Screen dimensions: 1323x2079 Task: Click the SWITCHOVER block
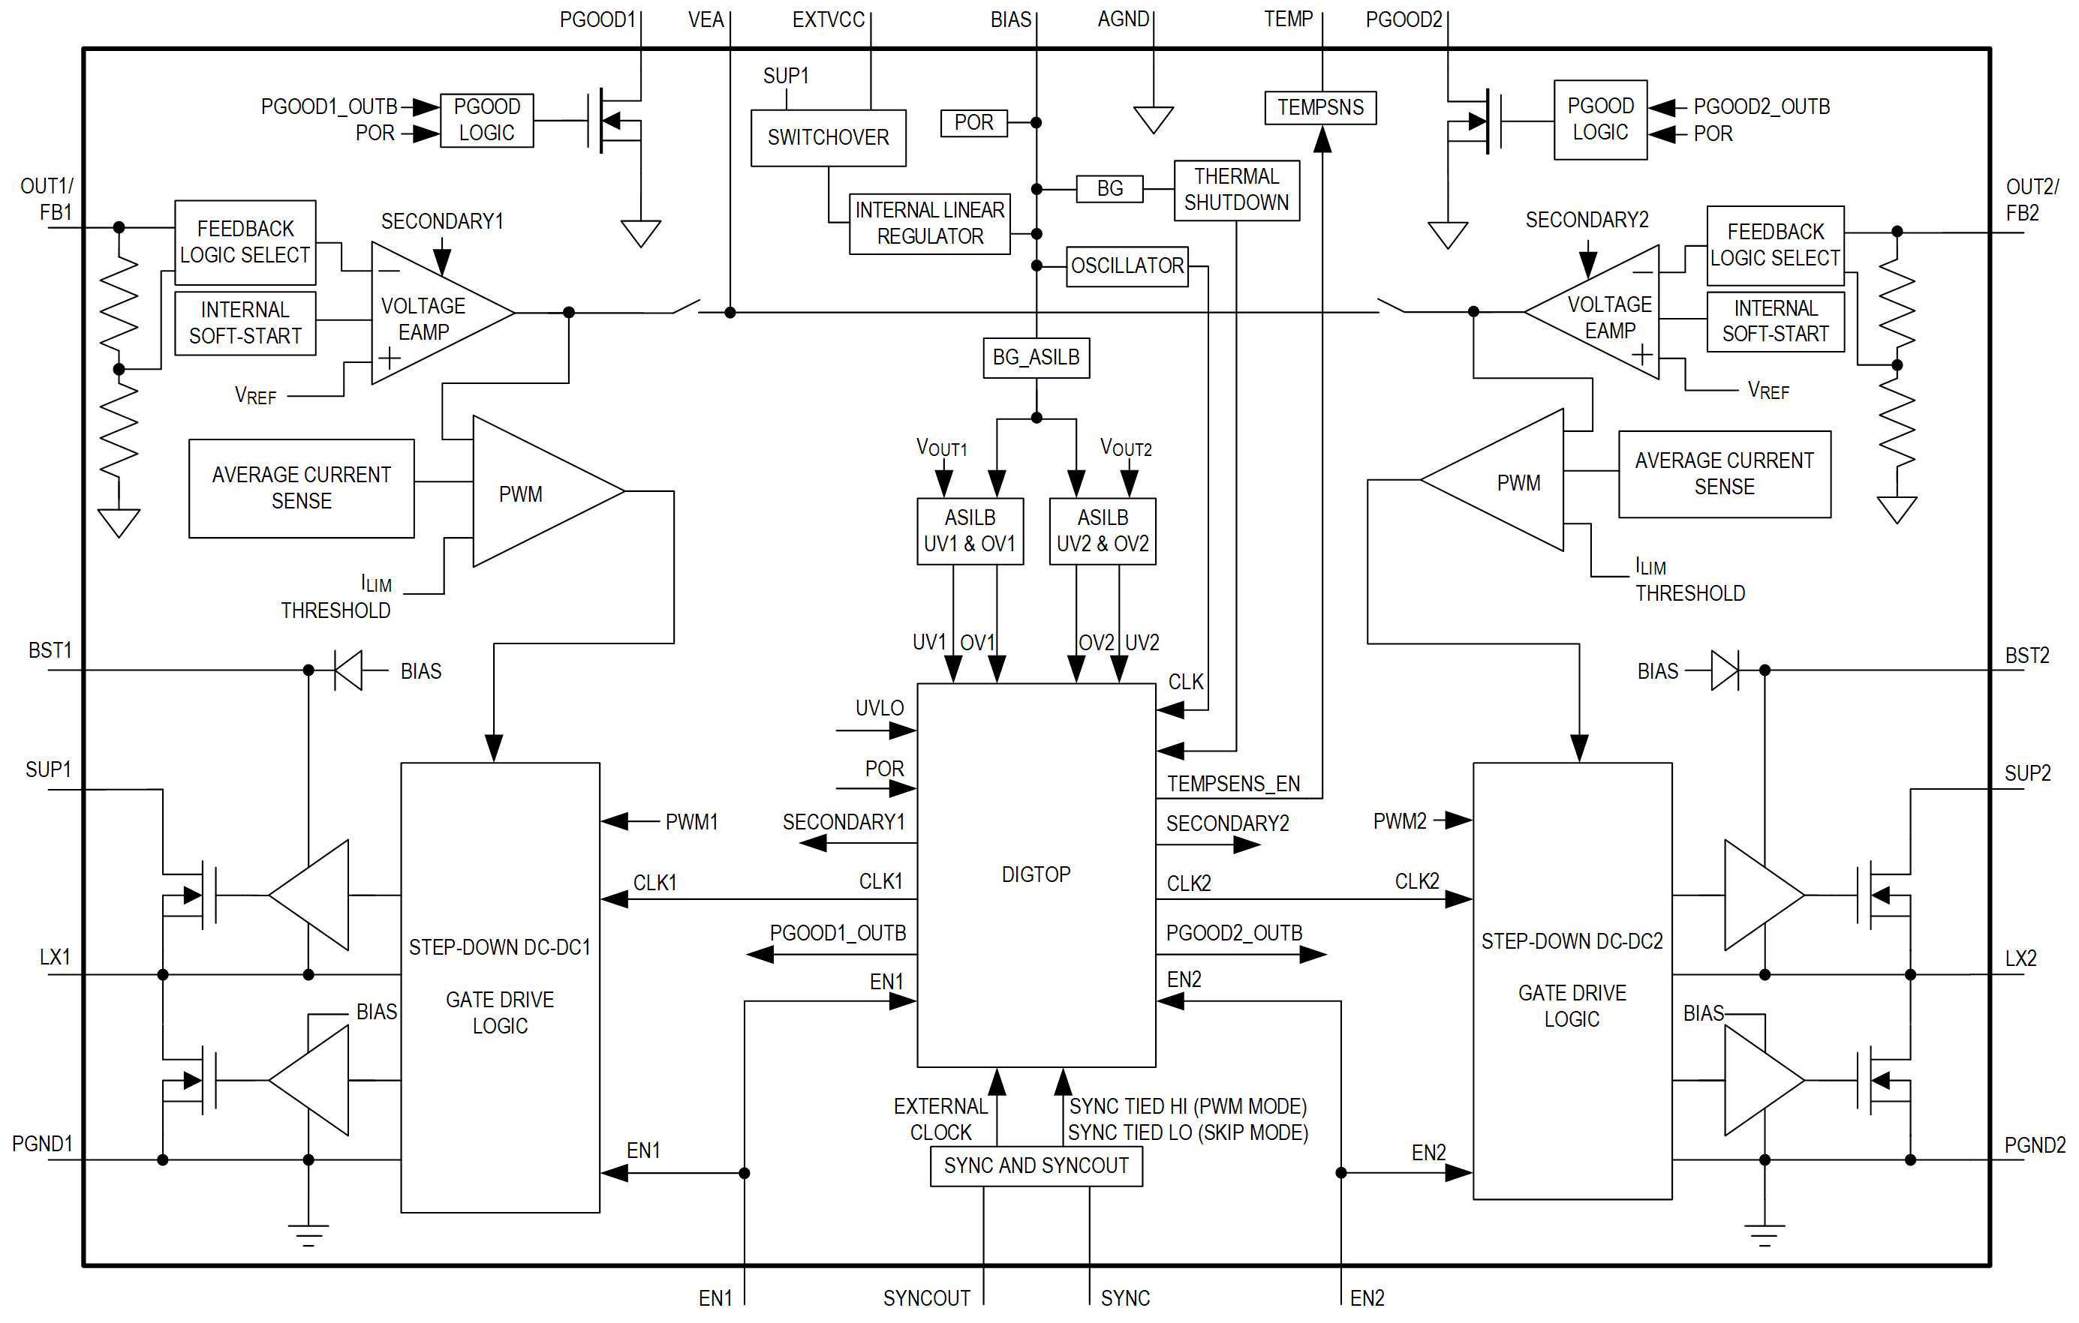[828, 137]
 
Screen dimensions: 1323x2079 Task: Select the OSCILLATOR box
[1127, 265]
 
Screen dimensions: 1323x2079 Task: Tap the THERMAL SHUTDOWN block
[1236, 190]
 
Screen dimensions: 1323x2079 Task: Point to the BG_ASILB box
[1036, 357]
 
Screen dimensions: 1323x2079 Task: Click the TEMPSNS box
[1320, 108]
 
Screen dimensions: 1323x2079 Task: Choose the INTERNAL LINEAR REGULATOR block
[930, 223]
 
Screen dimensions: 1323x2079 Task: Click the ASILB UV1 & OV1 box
[970, 531]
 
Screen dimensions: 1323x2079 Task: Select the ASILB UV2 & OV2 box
[1103, 531]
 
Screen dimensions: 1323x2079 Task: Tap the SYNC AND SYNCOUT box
[1036, 1166]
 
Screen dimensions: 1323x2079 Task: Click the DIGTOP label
[1036, 874]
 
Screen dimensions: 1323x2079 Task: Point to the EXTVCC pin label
[828, 19]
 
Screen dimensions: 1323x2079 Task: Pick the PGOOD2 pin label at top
[1404, 19]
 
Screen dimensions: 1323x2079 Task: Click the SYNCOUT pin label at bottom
[926, 1298]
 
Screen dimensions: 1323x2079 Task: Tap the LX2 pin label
[2020, 958]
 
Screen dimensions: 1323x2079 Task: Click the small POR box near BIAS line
[974, 122]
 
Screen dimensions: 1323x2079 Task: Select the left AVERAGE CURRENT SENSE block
[301, 488]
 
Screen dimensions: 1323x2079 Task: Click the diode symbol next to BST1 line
[349, 670]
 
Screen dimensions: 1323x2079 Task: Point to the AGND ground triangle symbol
[1153, 119]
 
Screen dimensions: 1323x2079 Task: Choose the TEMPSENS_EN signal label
[1233, 784]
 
